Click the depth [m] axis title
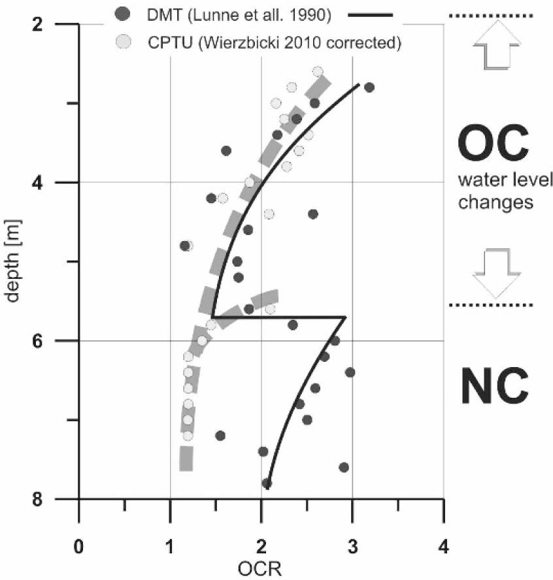(x=14, y=261)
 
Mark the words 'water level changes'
(x=495, y=190)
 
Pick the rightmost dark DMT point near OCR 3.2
(x=369, y=88)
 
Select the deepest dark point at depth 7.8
(x=266, y=483)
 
